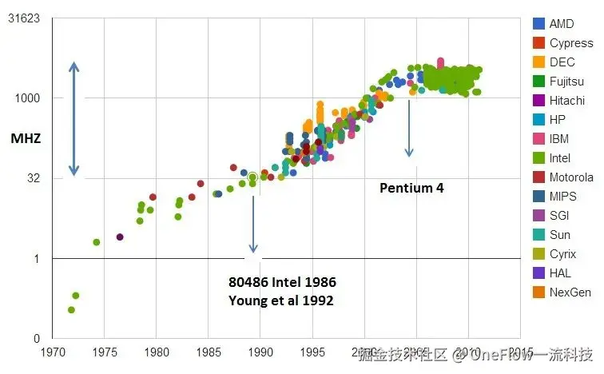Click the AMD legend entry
pyautogui.click(x=561, y=24)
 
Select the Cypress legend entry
pyautogui.click(x=570, y=43)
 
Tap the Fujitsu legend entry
pyautogui.click(x=566, y=82)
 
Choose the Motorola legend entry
pyautogui.click(x=570, y=177)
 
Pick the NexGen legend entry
pyautogui.click(x=570, y=292)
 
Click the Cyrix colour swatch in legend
pyautogui.click(x=539, y=254)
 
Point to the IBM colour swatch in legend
pyautogui.click(x=539, y=139)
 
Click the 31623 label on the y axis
pyautogui.click(x=24, y=18)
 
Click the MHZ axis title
pyautogui.click(x=26, y=138)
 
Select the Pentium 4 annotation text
pyautogui.click(x=411, y=189)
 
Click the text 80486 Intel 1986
pyautogui.click(x=282, y=283)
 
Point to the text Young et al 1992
pyautogui.click(x=280, y=300)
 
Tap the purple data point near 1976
pyautogui.click(x=120, y=237)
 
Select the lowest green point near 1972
pyautogui.click(x=71, y=310)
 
